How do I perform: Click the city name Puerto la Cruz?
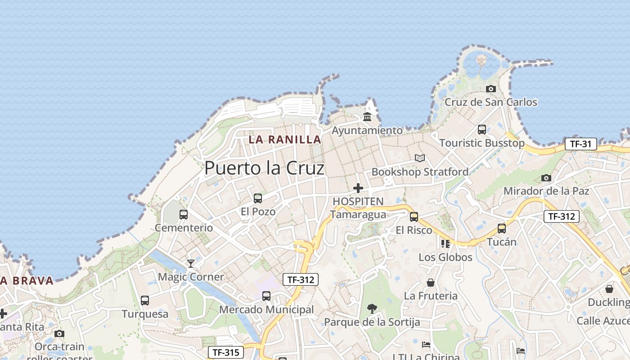point(264,168)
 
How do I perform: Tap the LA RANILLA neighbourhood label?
point(285,139)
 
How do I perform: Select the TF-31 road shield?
point(580,144)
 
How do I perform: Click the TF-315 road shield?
point(225,352)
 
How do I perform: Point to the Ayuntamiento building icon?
point(367,117)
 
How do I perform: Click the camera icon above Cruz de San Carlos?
point(491,89)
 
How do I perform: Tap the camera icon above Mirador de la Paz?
point(546,178)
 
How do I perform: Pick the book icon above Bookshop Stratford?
point(420,158)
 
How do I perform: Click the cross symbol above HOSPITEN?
point(358,188)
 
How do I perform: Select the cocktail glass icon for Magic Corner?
point(191,263)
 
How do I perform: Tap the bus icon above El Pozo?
point(258,198)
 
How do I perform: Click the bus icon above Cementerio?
point(184,214)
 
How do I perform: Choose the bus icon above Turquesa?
point(145,300)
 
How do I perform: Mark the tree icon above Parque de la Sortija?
point(372,309)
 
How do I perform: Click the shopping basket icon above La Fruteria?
point(431,283)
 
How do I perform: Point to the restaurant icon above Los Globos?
point(445,244)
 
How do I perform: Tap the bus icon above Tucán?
point(502,228)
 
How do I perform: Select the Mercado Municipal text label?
point(266,310)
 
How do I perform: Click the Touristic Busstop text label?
point(481,143)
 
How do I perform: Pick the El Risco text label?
point(414,230)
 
